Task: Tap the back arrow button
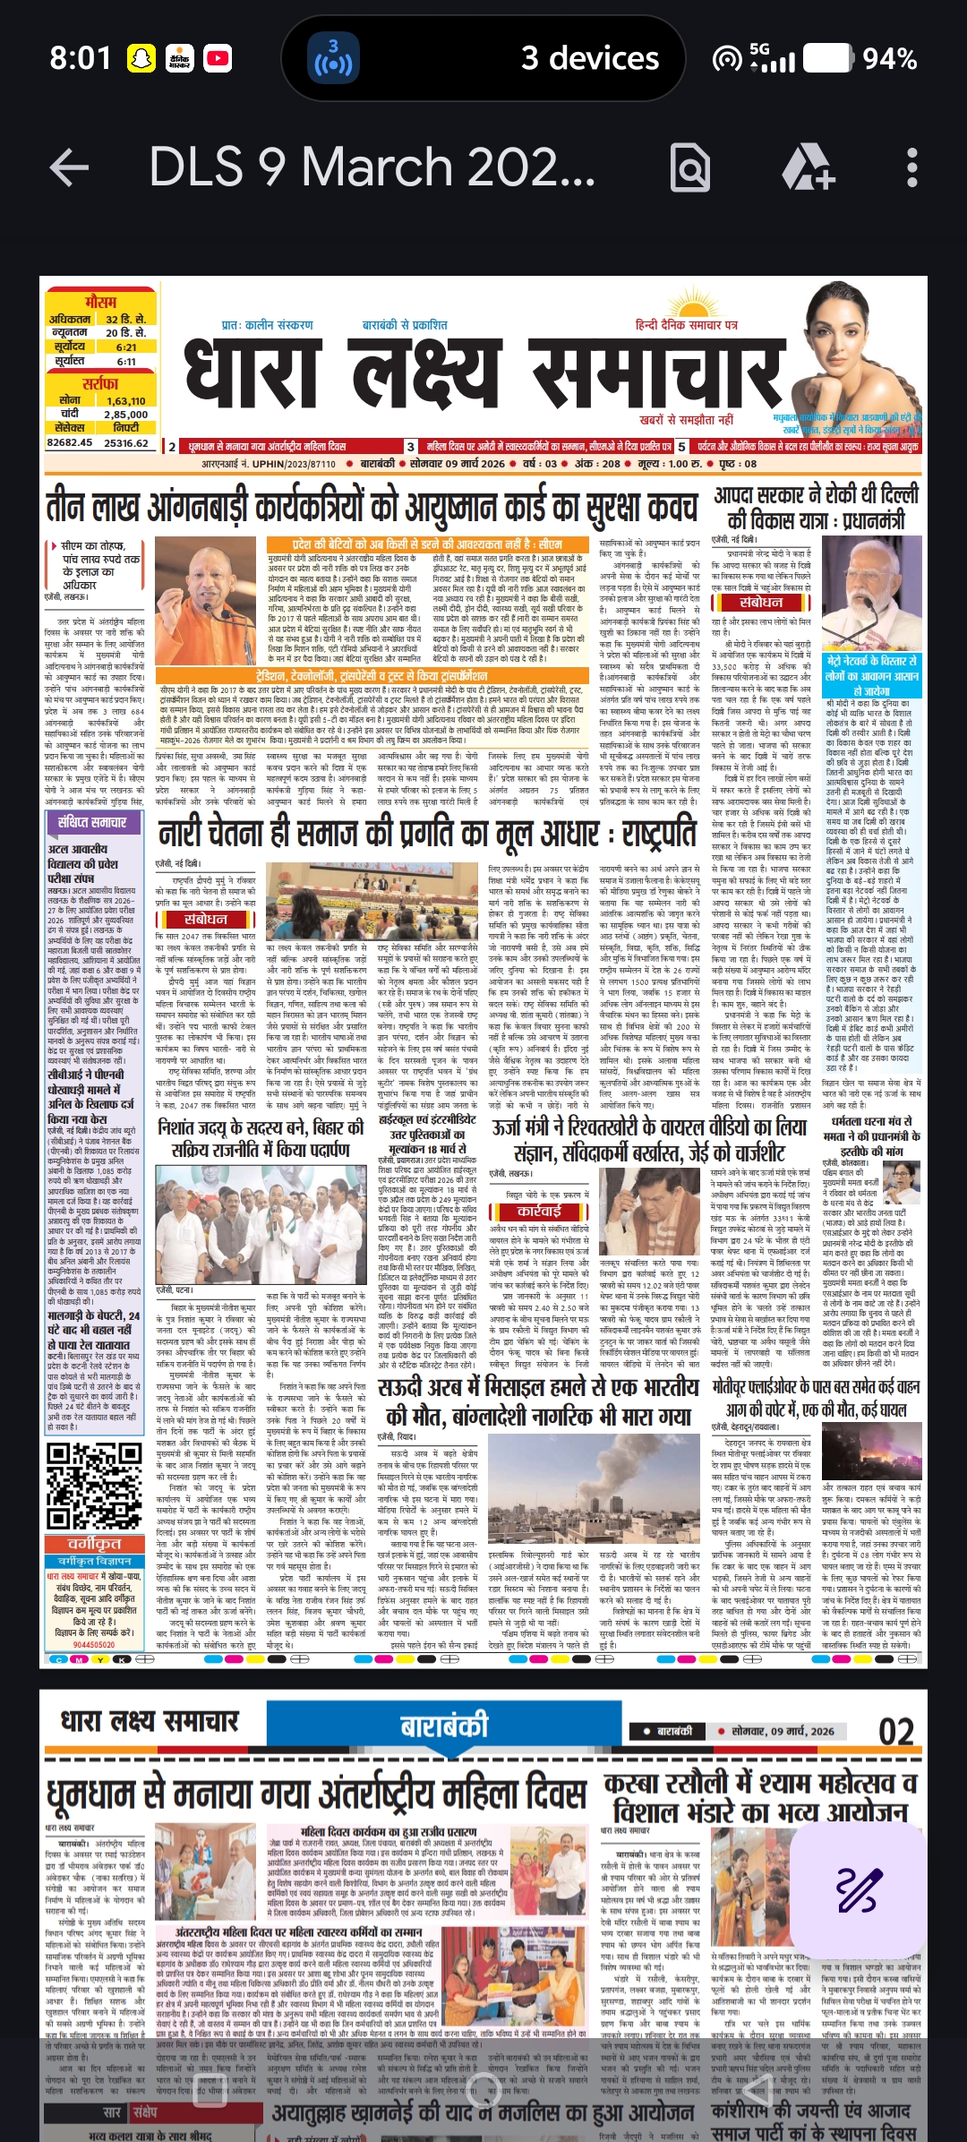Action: click(x=69, y=167)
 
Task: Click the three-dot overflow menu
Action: click(x=911, y=167)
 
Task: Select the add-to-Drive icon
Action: click(x=808, y=167)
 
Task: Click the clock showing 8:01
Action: click(x=80, y=59)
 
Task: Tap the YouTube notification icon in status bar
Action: click(x=218, y=59)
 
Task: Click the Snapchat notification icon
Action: click(x=141, y=59)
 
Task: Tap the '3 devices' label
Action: click(x=590, y=59)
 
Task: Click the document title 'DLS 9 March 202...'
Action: click(x=372, y=167)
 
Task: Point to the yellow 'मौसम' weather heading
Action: click(x=100, y=303)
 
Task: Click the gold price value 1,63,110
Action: click(x=126, y=401)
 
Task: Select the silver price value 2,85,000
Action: click(x=126, y=415)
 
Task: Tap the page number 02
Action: click(x=895, y=1706)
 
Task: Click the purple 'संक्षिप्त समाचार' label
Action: click(x=92, y=822)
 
